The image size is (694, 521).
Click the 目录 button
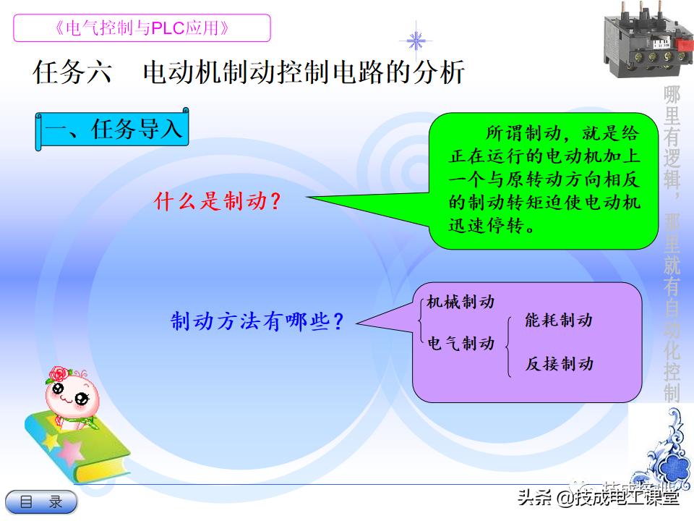(40, 501)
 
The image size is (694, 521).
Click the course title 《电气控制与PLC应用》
(142, 28)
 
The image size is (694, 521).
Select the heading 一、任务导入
(113, 130)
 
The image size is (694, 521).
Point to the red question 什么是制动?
(217, 201)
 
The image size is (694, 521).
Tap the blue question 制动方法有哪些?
(257, 321)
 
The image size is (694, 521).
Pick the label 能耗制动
(559, 320)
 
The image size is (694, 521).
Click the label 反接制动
(559, 363)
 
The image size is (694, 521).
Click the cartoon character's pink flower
(57, 374)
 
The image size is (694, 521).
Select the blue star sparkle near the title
(416, 40)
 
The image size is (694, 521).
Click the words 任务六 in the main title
(72, 73)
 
